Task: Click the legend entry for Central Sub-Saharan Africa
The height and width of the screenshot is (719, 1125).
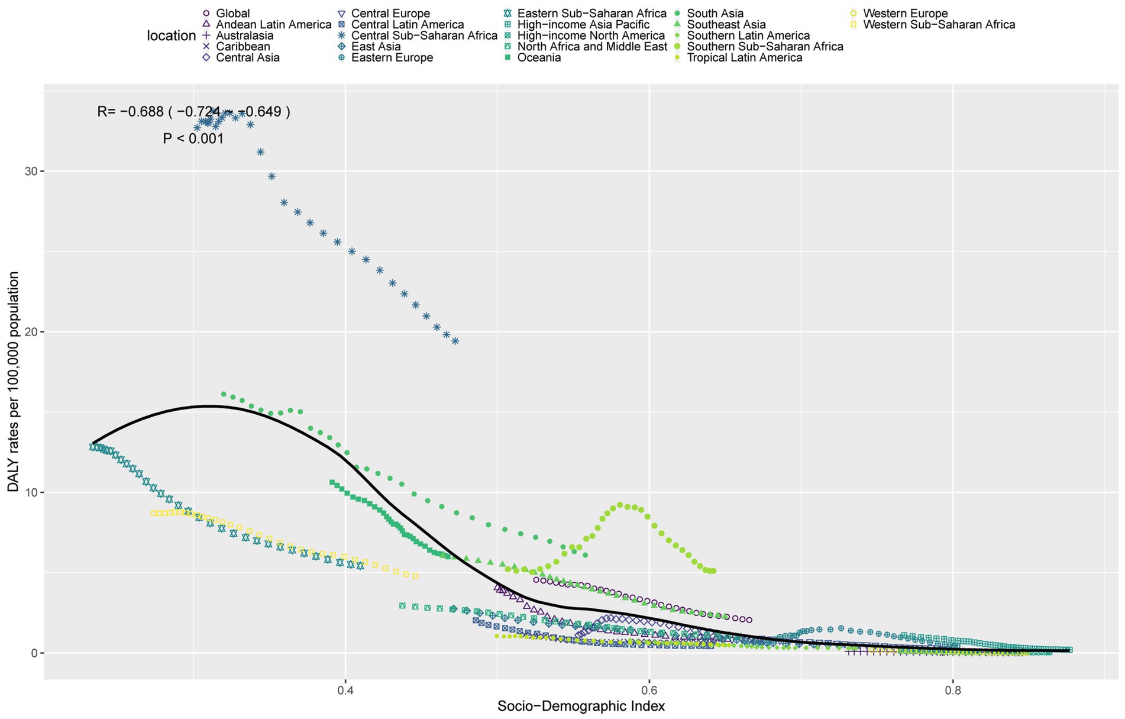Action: click(424, 36)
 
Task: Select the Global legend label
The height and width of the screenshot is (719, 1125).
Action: click(232, 13)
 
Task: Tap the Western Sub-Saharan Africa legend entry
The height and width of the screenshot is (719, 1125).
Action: click(939, 24)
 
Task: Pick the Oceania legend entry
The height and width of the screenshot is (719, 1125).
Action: click(539, 57)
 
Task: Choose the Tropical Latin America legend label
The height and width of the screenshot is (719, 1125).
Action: click(744, 57)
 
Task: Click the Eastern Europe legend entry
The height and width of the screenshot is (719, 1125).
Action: click(392, 57)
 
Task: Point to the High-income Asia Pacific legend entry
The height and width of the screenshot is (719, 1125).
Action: click(583, 24)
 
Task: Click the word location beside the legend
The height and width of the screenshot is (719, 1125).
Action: click(171, 36)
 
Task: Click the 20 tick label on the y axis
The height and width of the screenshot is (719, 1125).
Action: click(31, 332)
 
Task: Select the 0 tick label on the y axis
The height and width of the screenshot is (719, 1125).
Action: click(34, 653)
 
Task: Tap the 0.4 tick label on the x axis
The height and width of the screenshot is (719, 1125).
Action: click(345, 691)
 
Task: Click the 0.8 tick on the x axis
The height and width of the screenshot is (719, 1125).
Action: click(952, 691)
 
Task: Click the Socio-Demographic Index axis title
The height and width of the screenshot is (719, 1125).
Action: click(581, 706)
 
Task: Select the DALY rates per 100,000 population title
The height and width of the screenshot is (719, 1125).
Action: click(13, 382)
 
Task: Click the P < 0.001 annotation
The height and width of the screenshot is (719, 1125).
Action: click(193, 139)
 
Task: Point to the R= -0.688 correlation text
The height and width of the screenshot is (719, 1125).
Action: click(193, 111)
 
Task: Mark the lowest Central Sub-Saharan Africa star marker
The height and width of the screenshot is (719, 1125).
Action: click(455, 341)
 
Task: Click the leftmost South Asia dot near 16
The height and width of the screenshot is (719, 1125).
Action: click(224, 394)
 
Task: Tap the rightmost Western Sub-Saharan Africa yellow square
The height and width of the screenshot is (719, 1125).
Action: click(415, 576)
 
